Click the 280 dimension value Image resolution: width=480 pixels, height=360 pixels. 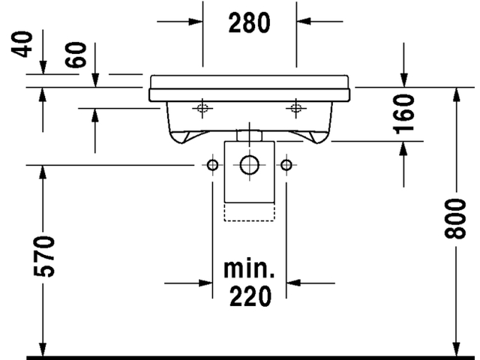click(250, 22)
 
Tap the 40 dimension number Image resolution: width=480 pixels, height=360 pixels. click(22, 44)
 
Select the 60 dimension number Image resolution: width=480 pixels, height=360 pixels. click(76, 55)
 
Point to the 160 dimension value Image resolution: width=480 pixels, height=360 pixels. click(403, 114)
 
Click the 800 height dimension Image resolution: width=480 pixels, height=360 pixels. click(455, 218)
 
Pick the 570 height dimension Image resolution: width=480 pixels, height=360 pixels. click(44, 256)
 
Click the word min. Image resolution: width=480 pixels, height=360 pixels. click(249, 269)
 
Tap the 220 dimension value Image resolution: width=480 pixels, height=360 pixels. click(250, 296)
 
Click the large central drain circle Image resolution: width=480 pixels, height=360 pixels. click(250, 165)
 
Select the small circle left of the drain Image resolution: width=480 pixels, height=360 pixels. click(212, 165)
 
